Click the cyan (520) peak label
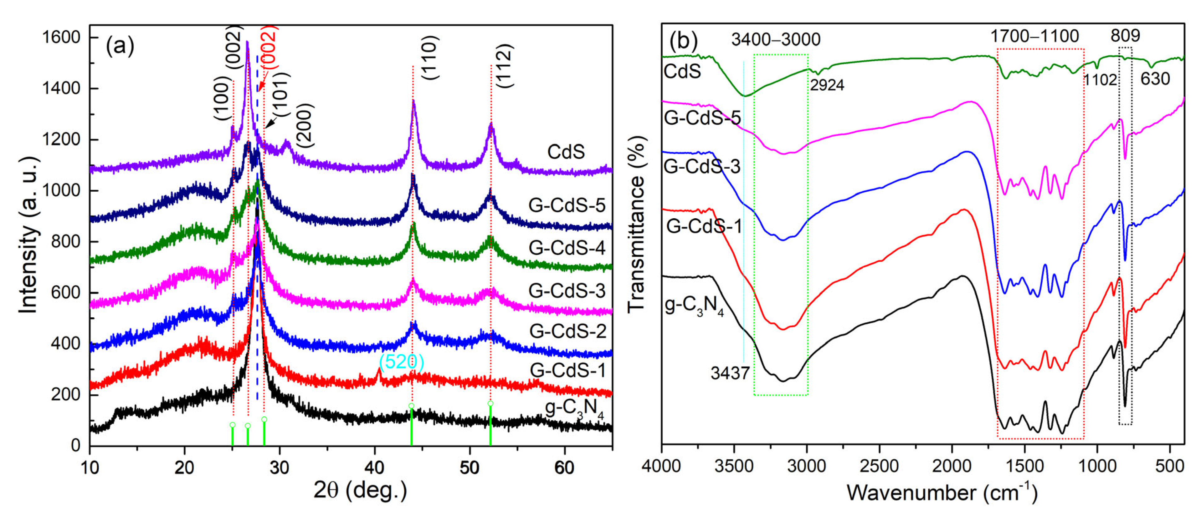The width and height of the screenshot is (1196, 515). [401, 361]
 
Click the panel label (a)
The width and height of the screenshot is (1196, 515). [120, 46]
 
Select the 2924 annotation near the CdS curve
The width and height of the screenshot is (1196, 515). [827, 85]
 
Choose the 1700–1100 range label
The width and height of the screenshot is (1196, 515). [1035, 36]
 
